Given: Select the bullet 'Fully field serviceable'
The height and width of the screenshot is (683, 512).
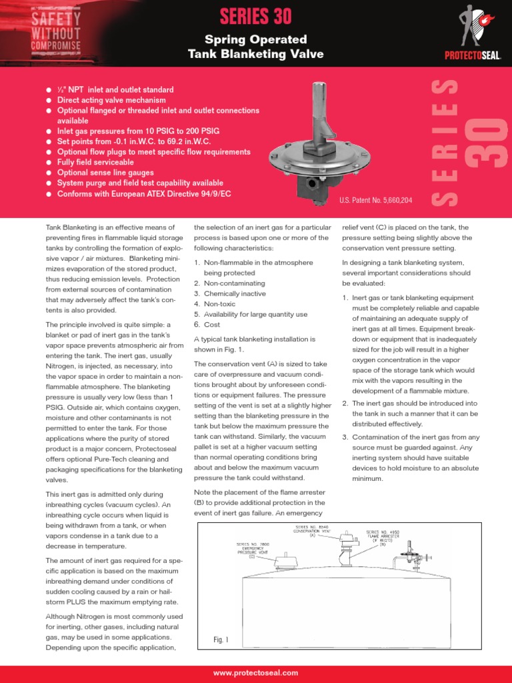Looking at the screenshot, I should point(95,162).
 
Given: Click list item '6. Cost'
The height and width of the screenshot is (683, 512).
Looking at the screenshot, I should point(212,324).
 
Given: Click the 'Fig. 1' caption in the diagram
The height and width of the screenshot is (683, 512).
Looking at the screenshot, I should point(221,640).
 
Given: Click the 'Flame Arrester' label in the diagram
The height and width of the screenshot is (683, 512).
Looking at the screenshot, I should point(382,538).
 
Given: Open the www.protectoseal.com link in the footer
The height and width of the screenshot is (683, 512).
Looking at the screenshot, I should point(256,674).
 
